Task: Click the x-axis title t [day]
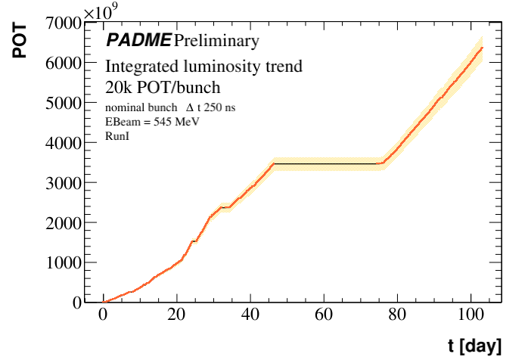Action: coord(474,346)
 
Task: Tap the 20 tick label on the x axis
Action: coord(177,316)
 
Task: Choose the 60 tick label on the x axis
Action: coord(325,316)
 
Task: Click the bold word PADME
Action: coord(138,40)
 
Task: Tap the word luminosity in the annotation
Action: coord(223,67)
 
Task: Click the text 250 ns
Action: coord(220,108)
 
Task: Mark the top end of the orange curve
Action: coord(482,48)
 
